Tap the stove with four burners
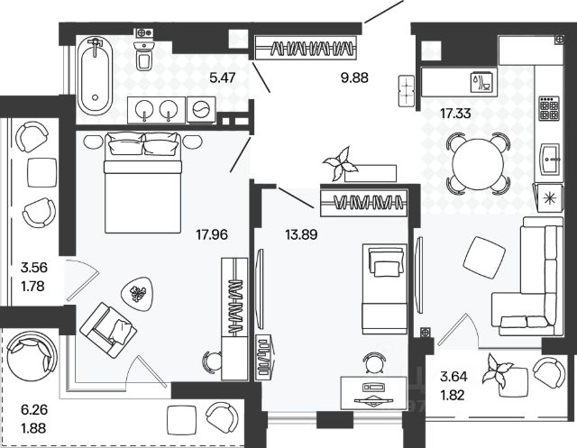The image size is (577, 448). pos(549,109)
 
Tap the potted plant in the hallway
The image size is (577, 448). pos(342,163)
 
